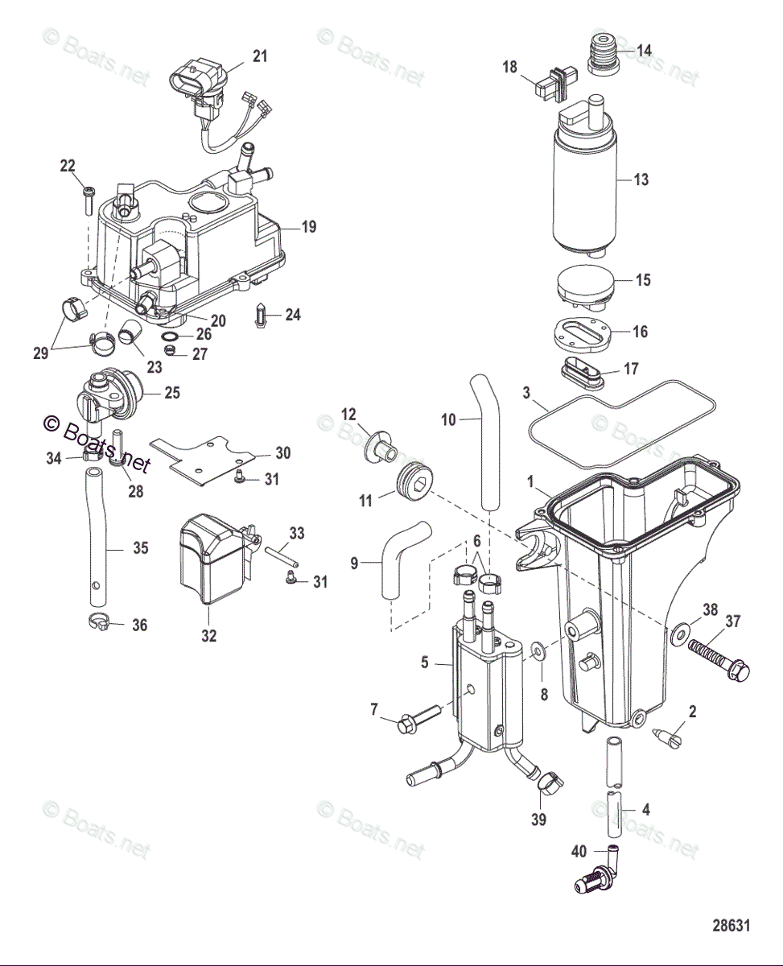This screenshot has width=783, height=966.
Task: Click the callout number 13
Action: (641, 180)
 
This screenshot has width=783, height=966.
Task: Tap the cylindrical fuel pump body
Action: (583, 189)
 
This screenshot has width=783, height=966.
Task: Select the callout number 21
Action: (259, 56)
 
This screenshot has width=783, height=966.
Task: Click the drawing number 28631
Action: (731, 926)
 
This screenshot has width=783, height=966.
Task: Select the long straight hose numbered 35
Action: (97, 547)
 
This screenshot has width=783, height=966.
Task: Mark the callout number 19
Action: (309, 227)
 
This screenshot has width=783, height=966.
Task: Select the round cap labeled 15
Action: (585, 288)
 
